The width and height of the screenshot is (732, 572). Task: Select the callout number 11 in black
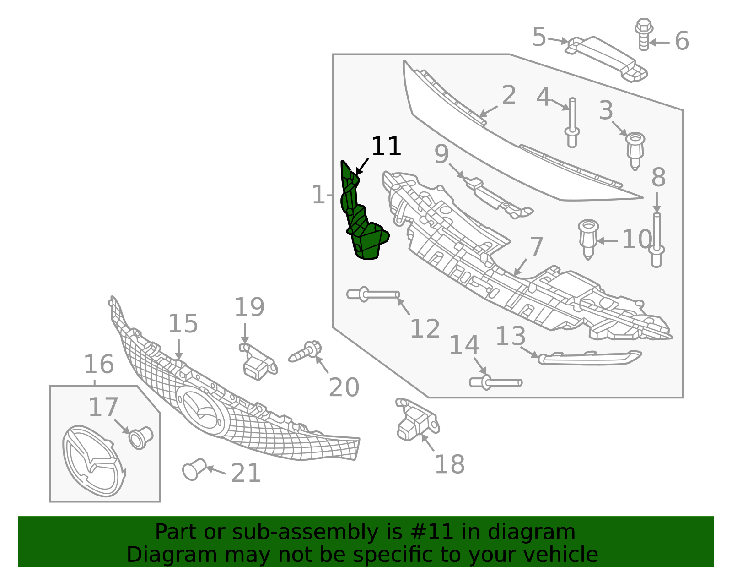pos(386,147)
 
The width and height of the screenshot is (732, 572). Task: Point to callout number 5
pos(539,37)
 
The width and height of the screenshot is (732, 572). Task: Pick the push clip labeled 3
pos(635,149)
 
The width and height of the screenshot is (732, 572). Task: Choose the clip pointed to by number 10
pos(588,238)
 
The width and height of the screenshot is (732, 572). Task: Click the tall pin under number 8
pos(657,240)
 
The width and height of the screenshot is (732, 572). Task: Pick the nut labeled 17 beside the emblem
pos(140,437)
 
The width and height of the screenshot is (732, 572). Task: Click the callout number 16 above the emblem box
pos(98,365)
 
